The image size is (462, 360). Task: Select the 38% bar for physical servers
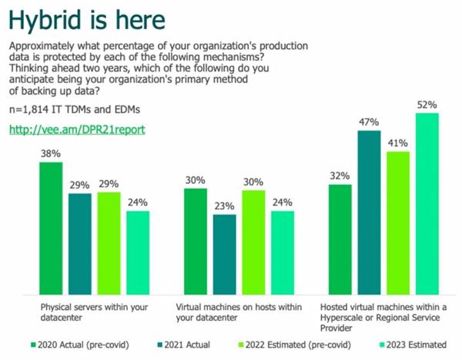pos(50,228)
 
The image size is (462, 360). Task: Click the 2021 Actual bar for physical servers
pos(79,244)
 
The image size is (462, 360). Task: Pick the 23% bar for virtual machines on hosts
pos(224,255)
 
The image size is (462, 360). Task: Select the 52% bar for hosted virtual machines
pos(427,204)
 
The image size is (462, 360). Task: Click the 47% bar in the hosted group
pos(370,213)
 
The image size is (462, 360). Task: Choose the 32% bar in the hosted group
pos(340,239)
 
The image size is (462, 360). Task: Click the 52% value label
pos(427,104)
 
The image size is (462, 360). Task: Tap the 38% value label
pos(50,153)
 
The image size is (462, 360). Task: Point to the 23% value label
pos(224,205)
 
